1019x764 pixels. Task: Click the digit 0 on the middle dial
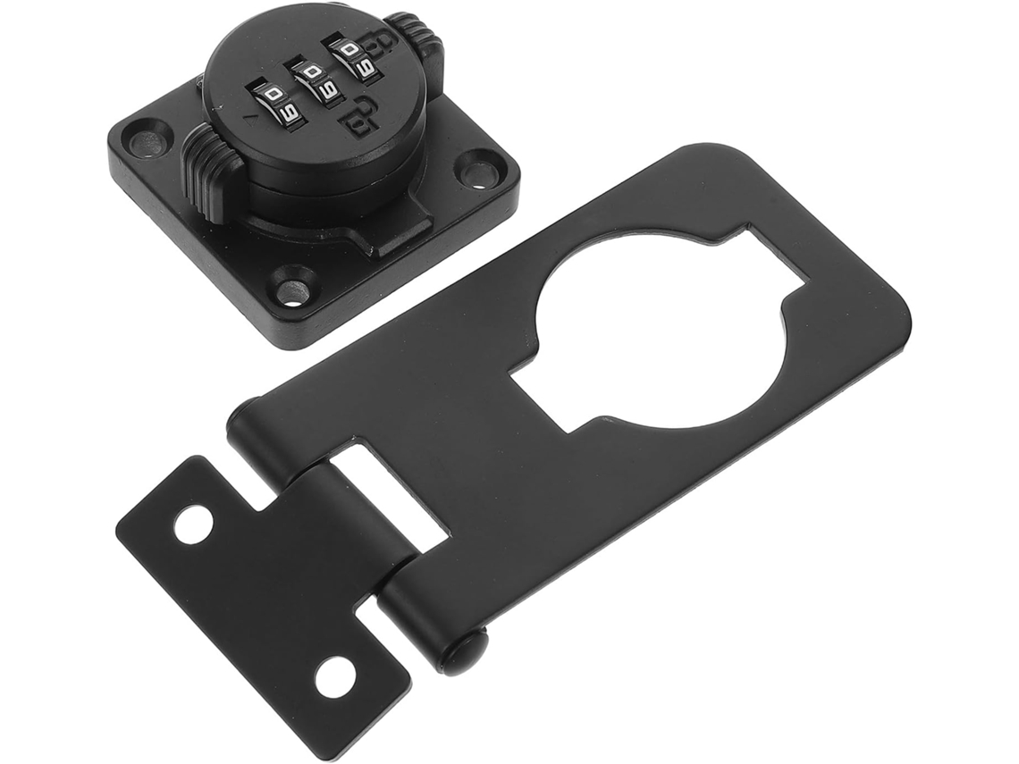coord(312,72)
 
